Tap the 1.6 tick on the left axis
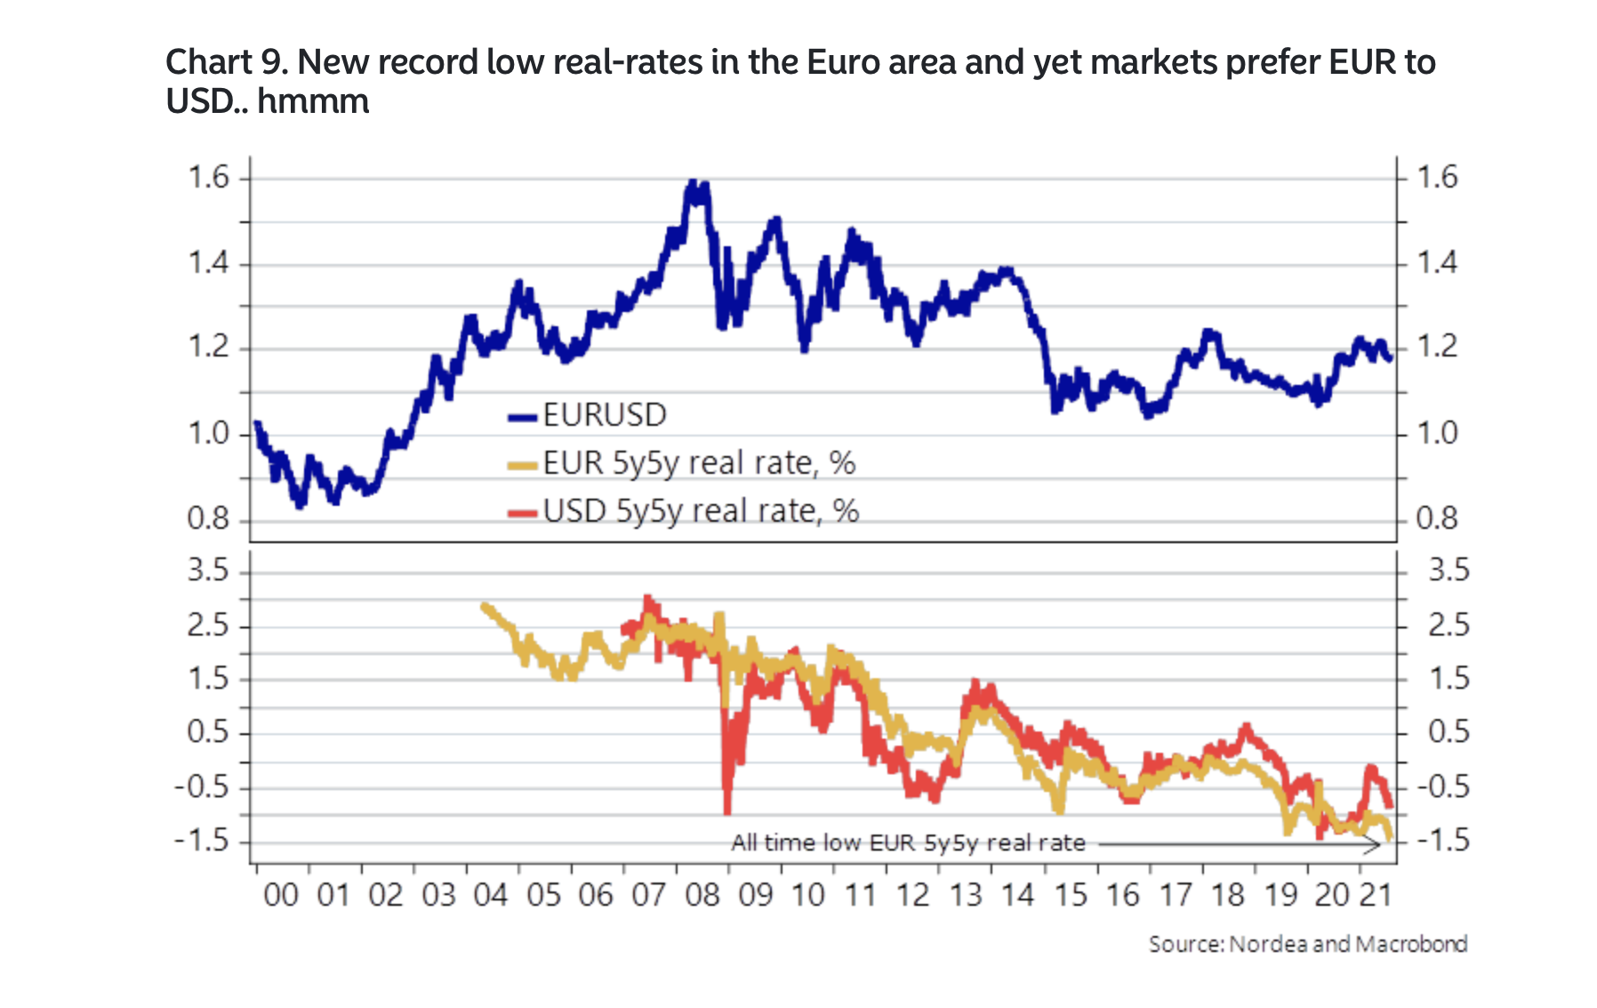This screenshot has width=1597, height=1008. (x=208, y=178)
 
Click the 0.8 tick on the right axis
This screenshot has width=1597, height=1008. (x=1436, y=518)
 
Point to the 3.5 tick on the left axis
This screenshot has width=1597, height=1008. (x=208, y=570)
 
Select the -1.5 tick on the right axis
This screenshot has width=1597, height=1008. (x=1442, y=840)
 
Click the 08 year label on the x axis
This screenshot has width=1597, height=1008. (x=702, y=894)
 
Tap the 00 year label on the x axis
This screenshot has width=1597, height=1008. (x=281, y=894)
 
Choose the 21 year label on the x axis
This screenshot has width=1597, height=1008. (x=1375, y=894)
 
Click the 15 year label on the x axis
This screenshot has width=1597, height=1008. (x=1071, y=894)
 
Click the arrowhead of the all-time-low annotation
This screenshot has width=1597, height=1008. (x=1376, y=844)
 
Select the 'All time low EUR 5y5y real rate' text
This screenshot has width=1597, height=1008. (x=908, y=843)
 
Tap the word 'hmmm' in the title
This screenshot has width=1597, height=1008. (x=313, y=101)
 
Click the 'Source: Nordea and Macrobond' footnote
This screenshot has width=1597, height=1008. (x=1307, y=943)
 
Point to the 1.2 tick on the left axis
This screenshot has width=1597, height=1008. (x=208, y=347)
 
